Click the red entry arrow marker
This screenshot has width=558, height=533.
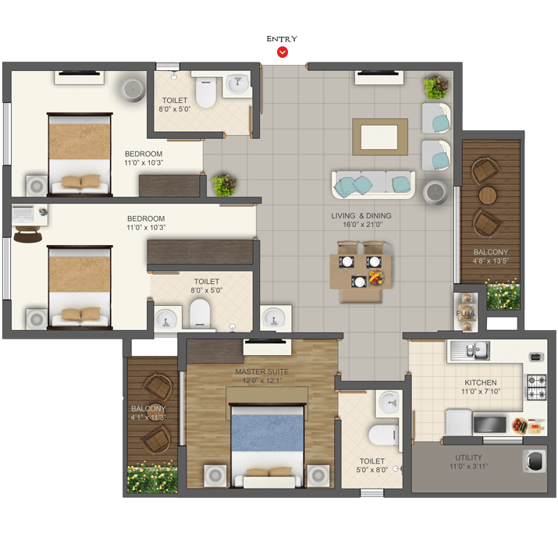pyautogui.click(x=283, y=52)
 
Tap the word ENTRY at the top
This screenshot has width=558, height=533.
pyautogui.click(x=282, y=39)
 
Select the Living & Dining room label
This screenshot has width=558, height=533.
pyautogui.click(x=361, y=220)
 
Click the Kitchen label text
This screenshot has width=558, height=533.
pyautogui.click(x=481, y=382)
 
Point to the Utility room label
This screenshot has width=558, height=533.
pyautogui.click(x=469, y=457)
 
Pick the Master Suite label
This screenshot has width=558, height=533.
pyautogui.click(x=261, y=371)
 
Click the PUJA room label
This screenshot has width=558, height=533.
pyautogui.click(x=465, y=314)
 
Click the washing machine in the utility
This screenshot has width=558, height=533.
pyautogui.click(x=535, y=460)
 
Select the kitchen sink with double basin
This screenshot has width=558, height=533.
pyautogui.click(x=470, y=350)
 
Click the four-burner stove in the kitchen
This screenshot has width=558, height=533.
pyautogui.click(x=536, y=387)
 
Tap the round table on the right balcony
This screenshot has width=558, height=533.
pyautogui.click(x=488, y=195)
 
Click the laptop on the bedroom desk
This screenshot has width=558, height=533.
pyautogui.click(x=23, y=214)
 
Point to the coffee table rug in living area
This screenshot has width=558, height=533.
pyautogui.click(x=380, y=137)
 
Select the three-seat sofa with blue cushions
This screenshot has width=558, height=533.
pyautogui.click(x=373, y=184)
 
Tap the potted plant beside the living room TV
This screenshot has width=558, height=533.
pyautogui.click(x=436, y=87)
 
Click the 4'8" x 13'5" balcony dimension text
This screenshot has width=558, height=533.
pyautogui.click(x=490, y=261)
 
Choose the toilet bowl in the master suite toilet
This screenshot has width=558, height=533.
pyautogui.click(x=383, y=435)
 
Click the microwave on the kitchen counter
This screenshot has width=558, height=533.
pyautogui.click(x=489, y=425)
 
